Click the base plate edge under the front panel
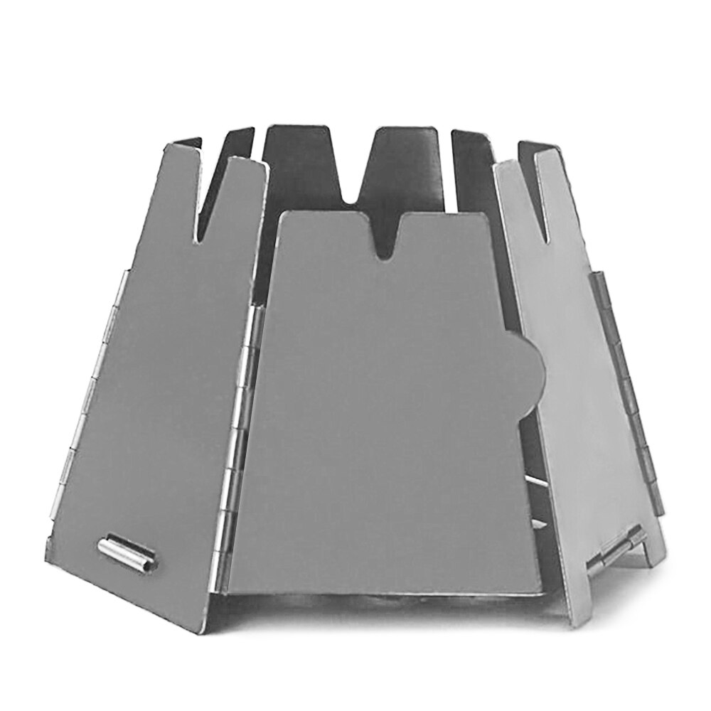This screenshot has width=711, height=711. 384,601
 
